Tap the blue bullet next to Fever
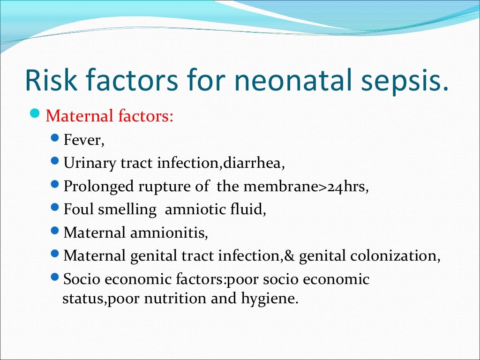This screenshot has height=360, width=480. (55, 139)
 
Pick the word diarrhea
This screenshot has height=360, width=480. (254, 163)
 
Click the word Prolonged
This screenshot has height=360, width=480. (98, 186)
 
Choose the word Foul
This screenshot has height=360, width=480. (79, 210)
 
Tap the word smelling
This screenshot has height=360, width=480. (127, 210)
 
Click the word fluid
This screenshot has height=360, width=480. (251, 210)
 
